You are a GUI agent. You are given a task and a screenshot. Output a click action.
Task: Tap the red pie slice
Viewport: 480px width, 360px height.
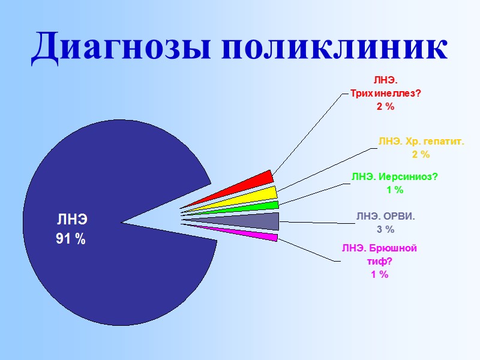pyautogui.click(x=252, y=182)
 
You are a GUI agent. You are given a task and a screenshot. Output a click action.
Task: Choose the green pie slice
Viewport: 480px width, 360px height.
pyautogui.click(x=264, y=206)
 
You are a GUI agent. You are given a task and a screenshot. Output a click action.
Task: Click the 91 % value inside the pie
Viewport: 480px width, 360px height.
pyautogui.click(x=71, y=239)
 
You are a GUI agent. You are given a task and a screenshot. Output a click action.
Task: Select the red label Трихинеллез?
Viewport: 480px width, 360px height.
pyautogui.click(x=385, y=93)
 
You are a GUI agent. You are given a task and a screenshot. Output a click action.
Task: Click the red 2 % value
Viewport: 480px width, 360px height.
pyautogui.click(x=385, y=106)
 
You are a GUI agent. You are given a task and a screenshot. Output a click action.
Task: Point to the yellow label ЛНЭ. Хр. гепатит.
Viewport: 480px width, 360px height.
pyautogui.click(x=421, y=142)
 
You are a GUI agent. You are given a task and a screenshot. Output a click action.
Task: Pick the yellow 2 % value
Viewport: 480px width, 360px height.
pyautogui.click(x=421, y=155)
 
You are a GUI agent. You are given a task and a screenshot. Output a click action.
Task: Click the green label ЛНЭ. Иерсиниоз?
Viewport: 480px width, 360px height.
pyautogui.click(x=395, y=176)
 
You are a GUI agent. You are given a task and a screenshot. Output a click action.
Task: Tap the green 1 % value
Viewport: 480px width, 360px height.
pyautogui.click(x=395, y=190)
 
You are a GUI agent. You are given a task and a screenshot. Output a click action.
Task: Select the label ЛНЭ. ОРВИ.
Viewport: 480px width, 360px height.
pyautogui.click(x=385, y=216)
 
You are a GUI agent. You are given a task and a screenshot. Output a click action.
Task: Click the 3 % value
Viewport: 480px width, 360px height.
pyautogui.click(x=385, y=229)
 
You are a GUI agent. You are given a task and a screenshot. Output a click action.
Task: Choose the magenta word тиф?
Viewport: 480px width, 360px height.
pyautogui.click(x=379, y=262)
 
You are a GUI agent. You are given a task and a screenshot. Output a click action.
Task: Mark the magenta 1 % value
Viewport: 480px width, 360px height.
pyautogui.click(x=379, y=274)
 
